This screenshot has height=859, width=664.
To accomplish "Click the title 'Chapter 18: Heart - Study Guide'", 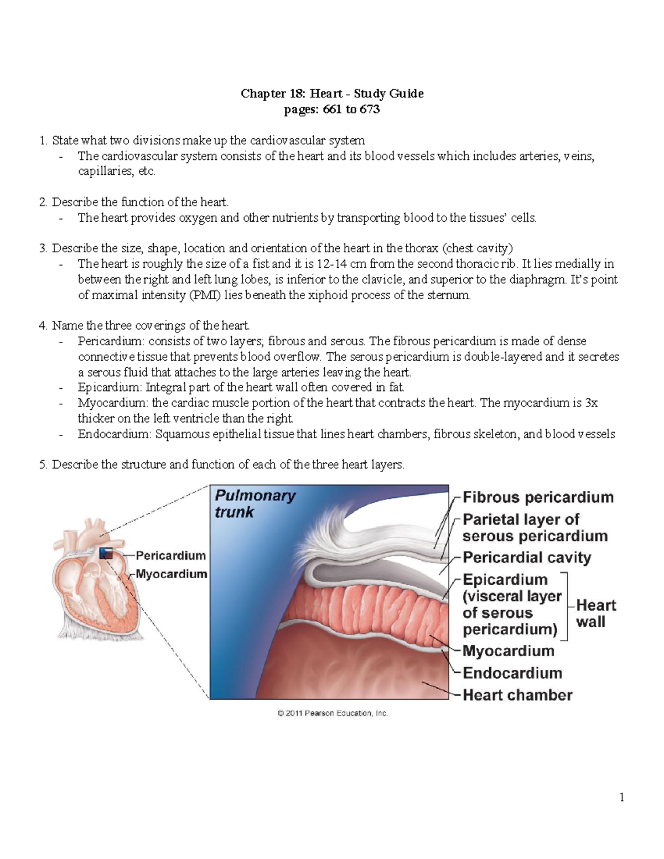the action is tap(332, 93).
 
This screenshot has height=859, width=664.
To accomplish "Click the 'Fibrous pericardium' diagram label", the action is tap(538, 497).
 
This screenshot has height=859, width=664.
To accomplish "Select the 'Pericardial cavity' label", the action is tap(526, 558).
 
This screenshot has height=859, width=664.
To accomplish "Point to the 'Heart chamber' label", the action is tap(517, 695).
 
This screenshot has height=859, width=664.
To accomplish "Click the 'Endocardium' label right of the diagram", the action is tap(512, 673).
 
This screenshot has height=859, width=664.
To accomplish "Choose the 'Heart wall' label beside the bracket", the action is tap(595, 613).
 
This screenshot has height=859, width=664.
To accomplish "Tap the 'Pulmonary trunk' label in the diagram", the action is tap(255, 503).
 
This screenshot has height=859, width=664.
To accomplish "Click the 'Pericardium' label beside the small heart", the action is tap(170, 555).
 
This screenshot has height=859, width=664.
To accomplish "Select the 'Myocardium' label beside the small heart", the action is tap(171, 574).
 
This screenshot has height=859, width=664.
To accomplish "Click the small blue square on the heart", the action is tap(106, 554).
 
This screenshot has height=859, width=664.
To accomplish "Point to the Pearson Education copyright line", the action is tap(333, 714).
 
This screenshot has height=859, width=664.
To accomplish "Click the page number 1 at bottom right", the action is tap(622, 797).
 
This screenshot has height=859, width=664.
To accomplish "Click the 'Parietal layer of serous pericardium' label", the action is tap(534, 528).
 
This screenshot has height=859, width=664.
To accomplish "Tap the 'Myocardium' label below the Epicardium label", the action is tap(508, 651).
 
